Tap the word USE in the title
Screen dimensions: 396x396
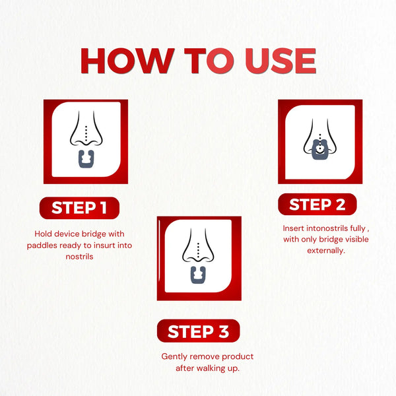(x=280, y=61)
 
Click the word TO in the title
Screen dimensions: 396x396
(x=209, y=61)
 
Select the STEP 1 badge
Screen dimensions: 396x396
(x=79, y=208)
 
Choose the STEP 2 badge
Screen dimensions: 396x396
(x=317, y=205)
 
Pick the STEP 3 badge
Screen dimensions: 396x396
(x=198, y=331)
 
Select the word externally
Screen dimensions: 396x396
(x=326, y=251)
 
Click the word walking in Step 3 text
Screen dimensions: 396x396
(x=211, y=368)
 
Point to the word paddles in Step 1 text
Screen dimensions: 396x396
(x=42, y=246)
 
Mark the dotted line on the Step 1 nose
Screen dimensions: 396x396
(x=86, y=133)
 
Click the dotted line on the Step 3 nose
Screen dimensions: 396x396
(x=198, y=250)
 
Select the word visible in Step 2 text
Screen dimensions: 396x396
(x=356, y=239)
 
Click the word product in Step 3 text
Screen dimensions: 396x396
(x=238, y=356)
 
